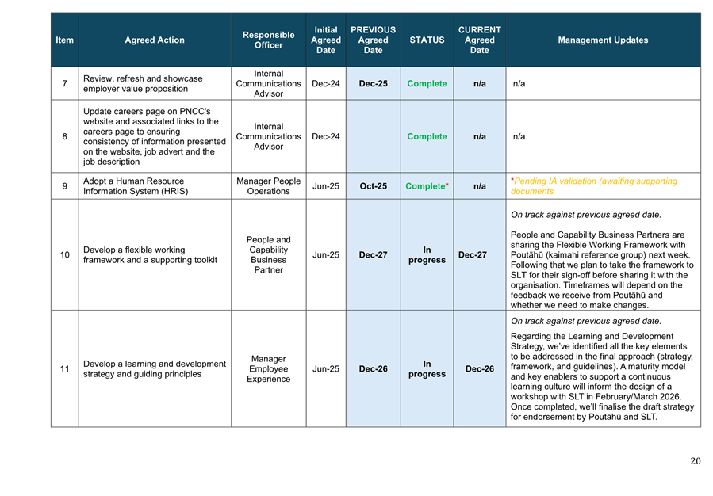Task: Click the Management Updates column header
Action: [x=603, y=40]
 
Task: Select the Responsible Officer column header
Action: [x=268, y=40]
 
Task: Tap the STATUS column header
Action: [x=427, y=40]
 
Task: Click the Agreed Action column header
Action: [x=155, y=40]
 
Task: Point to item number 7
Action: [x=64, y=84]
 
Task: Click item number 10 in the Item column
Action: [x=64, y=255]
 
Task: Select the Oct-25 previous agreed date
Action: [x=373, y=186]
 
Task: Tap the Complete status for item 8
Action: [x=427, y=136]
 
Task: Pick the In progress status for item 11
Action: [x=427, y=369]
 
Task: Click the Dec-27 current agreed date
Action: [x=479, y=255]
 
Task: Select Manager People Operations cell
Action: [x=268, y=186]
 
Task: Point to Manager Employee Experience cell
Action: [x=268, y=369]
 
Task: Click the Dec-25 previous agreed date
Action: [x=373, y=84]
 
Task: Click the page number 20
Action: [x=696, y=461]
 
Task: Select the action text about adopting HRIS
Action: [x=133, y=186]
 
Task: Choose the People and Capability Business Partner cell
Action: [x=268, y=255]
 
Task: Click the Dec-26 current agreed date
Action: [x=479, y=369]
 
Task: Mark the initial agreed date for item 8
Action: [x=326, y=136]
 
